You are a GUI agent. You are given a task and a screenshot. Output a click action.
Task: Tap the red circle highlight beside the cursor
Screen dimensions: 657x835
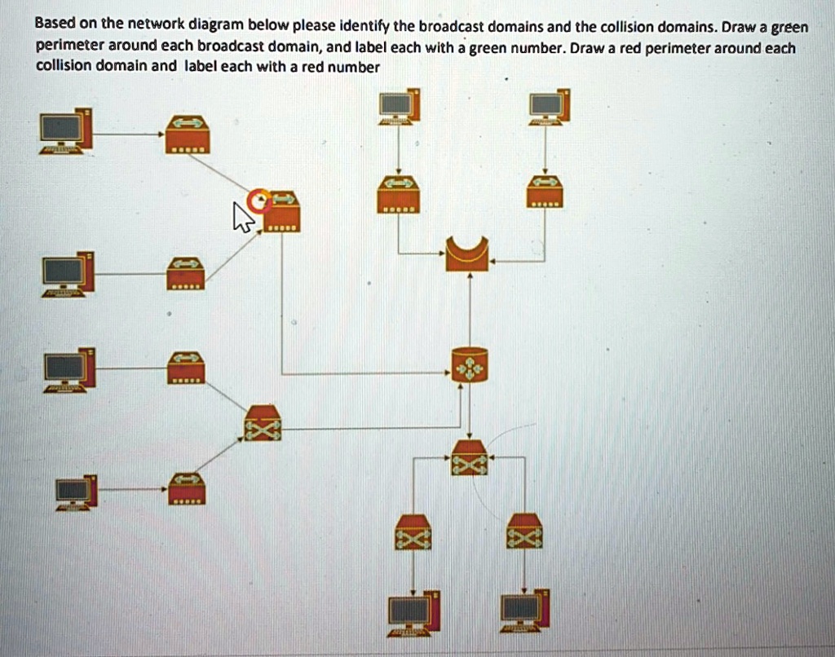tap(259, 200)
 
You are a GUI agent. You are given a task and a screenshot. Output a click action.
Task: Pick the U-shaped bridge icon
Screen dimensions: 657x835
tap(467, 253)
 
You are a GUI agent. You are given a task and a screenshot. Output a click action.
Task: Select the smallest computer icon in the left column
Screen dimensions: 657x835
tap(76, 492)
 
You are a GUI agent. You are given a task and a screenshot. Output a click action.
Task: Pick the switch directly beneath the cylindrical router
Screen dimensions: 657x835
tap(470, 457)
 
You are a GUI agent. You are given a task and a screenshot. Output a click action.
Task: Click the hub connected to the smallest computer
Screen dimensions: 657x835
tap(187, 488)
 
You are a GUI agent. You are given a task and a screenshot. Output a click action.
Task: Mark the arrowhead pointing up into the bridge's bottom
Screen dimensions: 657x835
tap(470, 277)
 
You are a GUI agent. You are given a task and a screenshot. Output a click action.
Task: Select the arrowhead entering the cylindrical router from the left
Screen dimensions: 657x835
tap(448, 374)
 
